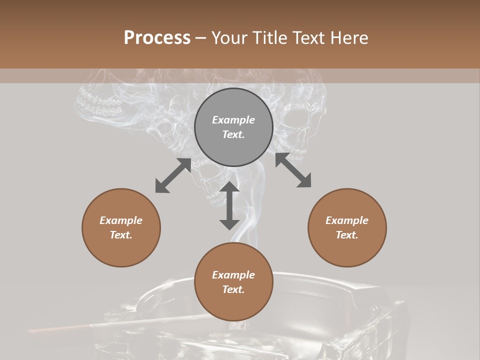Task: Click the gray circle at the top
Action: pos(233,127)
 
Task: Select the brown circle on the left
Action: pos(121,227)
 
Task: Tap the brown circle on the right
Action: pos(347,227)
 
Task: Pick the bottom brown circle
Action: pos(233,282)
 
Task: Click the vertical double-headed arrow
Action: pos(229,205)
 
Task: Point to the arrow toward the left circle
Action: pos(173,175)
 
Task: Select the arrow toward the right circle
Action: pos(293,170)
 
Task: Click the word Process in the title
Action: pos(157,37)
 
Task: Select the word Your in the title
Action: pos(228,37)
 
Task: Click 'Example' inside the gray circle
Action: pos(233,120)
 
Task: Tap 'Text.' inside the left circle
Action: pos(121,235)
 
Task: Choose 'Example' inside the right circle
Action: pos(347,220)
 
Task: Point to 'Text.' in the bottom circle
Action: pos(233,289)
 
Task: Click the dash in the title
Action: pos(200,37)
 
